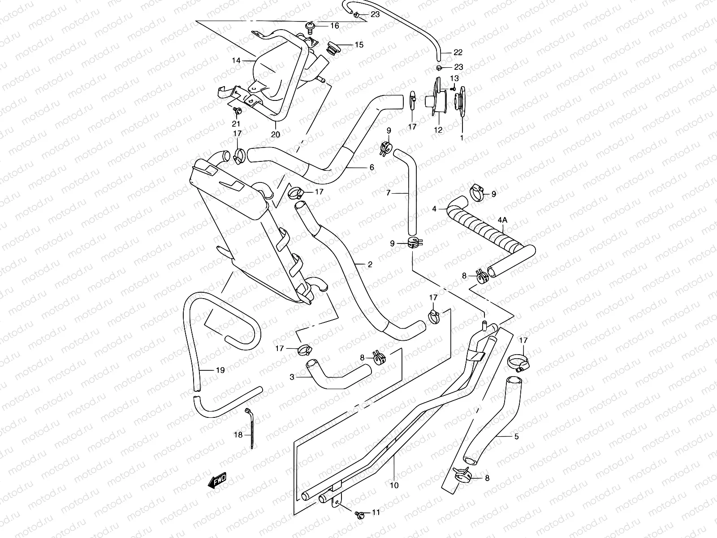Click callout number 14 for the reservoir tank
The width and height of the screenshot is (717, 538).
[x=236, y=60]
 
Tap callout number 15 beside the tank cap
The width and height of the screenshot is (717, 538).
[x=358, y=45]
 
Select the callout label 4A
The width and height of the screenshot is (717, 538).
[x=502, y=220]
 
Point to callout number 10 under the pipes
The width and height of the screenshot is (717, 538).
[x=394, y=485]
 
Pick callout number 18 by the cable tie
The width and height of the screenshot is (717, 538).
[x=238, y=435]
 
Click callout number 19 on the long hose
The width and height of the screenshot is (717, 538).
[x=220, y=370]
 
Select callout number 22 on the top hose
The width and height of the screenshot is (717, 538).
[x=458, y=52]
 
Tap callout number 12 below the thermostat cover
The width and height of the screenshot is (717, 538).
[x=438, y=130]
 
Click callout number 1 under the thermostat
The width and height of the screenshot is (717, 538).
[x=462, y=138]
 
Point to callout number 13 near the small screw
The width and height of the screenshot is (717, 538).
[x=454, y=78]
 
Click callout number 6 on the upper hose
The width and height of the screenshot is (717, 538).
[x=371, y=167]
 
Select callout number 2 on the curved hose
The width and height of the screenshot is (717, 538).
[x=370, y=265]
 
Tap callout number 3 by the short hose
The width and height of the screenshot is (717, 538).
[x=292, y=377]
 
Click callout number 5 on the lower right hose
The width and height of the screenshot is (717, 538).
[x=516, y=436]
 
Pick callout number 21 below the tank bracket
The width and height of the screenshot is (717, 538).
[x=236, y=124]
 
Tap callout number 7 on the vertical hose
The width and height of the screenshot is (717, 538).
[x=389, y=193]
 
